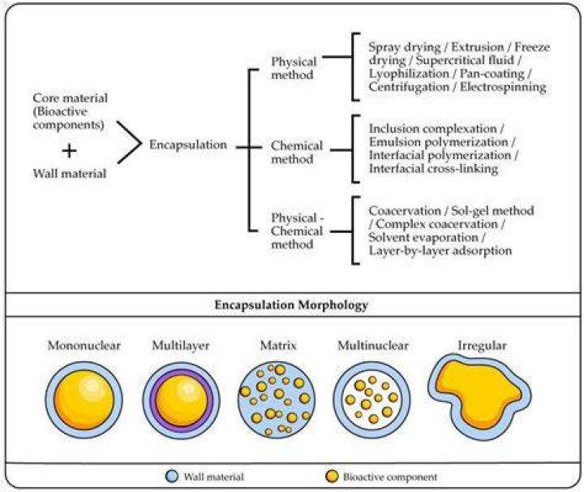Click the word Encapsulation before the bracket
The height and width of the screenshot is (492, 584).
[x=188, y=145]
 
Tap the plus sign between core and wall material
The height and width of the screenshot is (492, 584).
[x=69, y=151]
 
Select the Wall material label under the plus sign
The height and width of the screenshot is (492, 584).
[x=70, y=174]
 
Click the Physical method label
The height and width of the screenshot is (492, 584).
[x=294, y=68]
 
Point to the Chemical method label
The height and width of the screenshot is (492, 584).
[x=297, y=152]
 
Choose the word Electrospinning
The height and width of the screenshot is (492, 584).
[x=503, y=87]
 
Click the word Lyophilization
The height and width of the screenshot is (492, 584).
[x=409, y=74]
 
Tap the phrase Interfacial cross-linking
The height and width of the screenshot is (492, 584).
[x=433, y=169]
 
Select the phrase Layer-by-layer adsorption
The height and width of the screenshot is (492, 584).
[x=440, y=251]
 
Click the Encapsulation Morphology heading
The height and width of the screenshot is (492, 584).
[x=292, y=305]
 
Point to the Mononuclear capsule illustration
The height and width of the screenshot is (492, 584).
[x=84, y=400]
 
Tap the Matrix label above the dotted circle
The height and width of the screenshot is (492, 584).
[x=278, y=346]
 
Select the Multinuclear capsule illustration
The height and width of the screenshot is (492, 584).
[x=372, y=400]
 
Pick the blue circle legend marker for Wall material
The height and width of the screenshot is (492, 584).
[x=172, y=477]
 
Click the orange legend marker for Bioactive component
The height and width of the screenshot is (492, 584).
[x=332, y=477]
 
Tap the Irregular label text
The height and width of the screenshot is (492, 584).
[x=483, y=346]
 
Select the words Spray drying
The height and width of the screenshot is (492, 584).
[x=405, y=48]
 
